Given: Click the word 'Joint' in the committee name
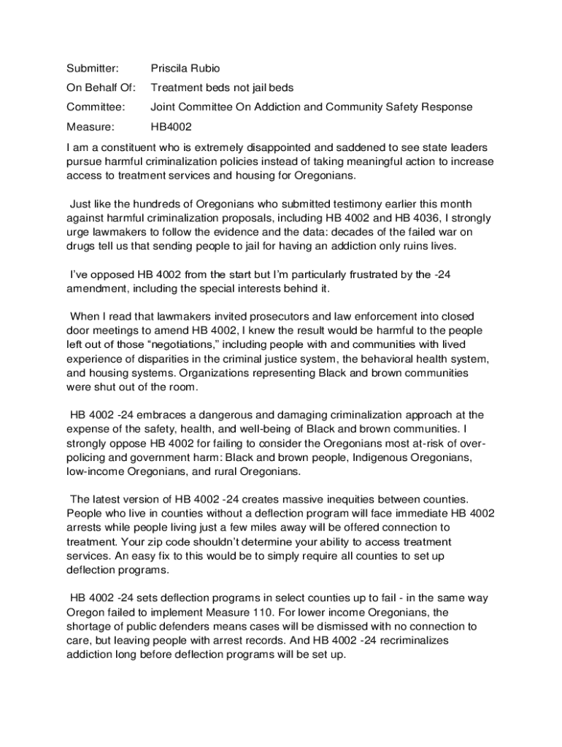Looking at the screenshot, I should click(x=163, y=107).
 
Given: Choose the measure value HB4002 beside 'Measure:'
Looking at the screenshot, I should click(x=172, y=126).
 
